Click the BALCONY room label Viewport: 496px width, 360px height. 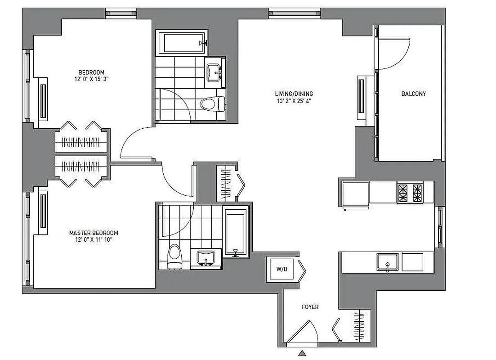[x=413, y=94]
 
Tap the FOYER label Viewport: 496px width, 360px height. [x=310, y=307]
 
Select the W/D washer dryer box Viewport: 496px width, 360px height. [x=282, y=270]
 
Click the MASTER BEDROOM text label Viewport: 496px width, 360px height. [x=94, y=233]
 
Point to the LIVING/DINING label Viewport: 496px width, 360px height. [x=294, y=94]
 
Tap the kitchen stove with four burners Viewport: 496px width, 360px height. [x=410, y=193]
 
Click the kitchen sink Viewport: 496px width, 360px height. [x=388, y=262]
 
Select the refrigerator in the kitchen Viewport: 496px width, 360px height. [x=355, y=195]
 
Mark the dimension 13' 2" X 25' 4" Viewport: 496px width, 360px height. [x=294, y=101]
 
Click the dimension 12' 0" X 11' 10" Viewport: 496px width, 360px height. [x=94, y=240]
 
